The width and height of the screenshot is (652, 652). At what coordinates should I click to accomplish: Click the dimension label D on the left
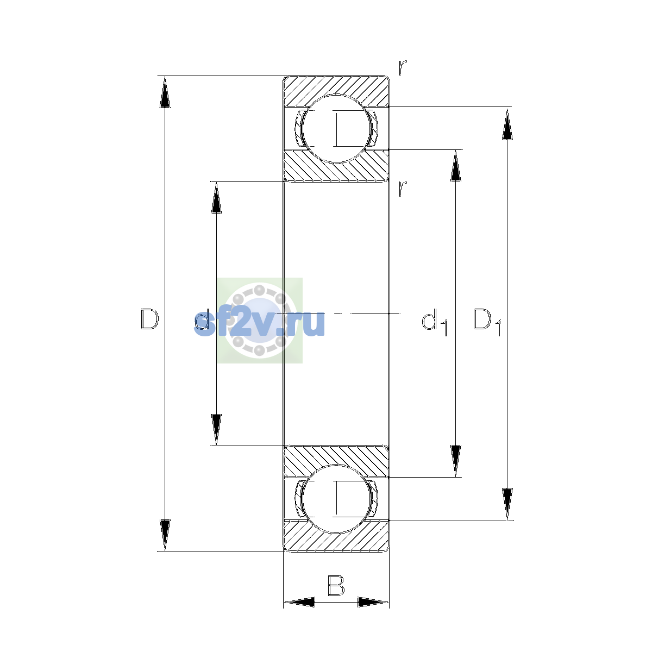(x=149, y=319)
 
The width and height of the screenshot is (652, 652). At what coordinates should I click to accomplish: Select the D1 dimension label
(x=487, y=322)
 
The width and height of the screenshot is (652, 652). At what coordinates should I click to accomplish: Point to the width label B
(x=336, y=586)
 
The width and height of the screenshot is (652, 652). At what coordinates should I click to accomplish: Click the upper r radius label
(x=403, y=68)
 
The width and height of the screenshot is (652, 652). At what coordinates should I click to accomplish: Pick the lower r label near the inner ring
(x=403, y=189)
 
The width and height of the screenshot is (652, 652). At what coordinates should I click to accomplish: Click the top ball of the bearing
(x=336, y=129)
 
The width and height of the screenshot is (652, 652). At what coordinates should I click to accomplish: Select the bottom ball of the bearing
(x=336, y=499)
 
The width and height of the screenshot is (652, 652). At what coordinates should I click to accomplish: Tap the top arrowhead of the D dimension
(x=165, y=92)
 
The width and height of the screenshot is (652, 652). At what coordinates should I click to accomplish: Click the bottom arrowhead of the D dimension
(x=165, y=535)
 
